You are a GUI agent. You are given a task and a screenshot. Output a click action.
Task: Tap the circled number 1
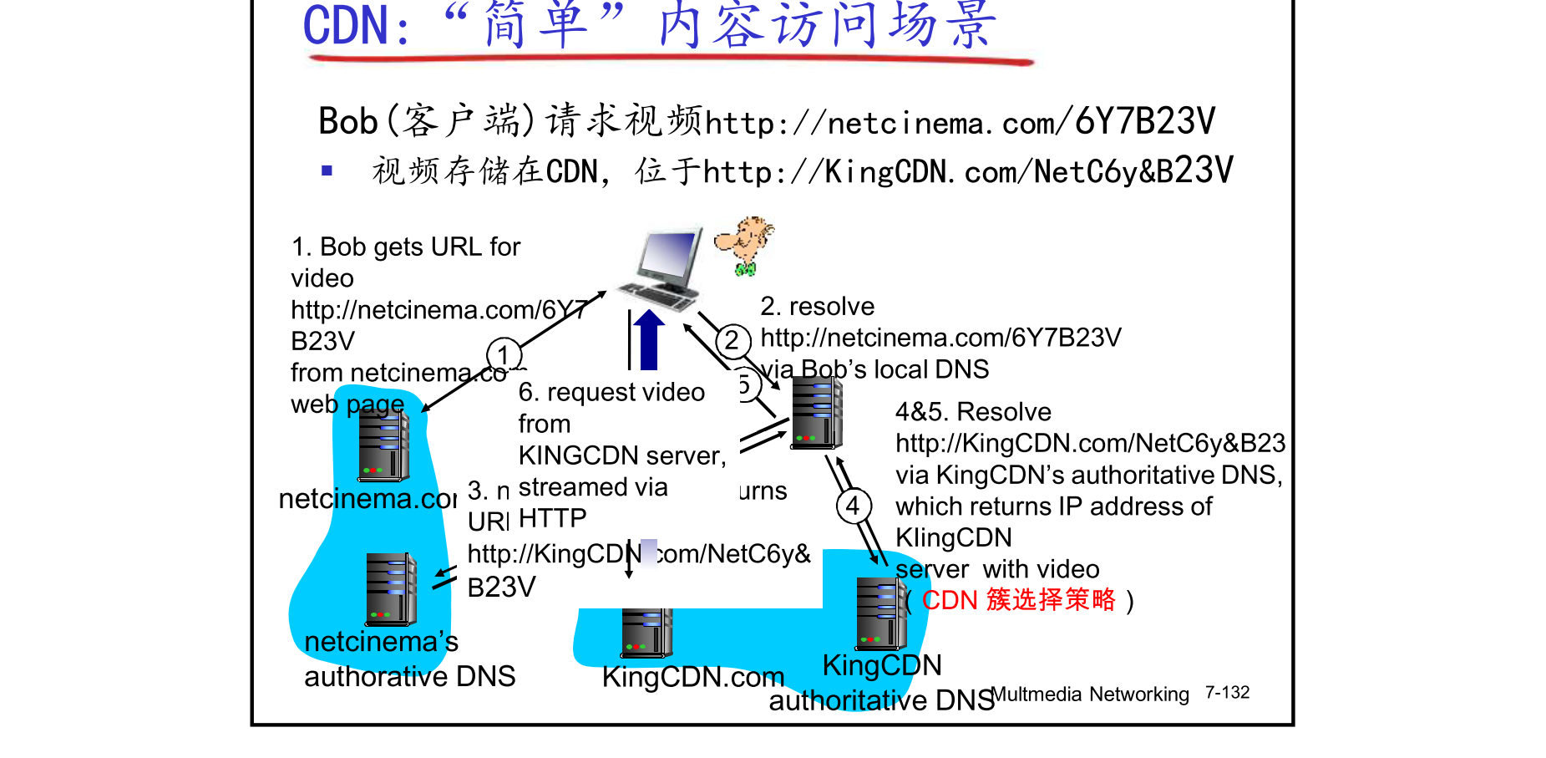504,355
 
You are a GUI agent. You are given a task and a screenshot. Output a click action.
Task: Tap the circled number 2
732,341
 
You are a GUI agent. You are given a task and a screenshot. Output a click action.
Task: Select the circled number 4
853,506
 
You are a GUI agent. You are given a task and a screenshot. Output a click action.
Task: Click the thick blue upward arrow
648,339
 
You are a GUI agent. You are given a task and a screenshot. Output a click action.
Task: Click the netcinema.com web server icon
383,446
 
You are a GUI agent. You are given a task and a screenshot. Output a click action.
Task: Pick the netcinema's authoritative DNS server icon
391,589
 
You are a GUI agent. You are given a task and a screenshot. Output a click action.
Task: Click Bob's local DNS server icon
816,413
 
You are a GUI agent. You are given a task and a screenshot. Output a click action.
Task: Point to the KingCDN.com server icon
646,633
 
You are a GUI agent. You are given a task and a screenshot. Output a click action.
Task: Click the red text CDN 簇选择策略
1018,600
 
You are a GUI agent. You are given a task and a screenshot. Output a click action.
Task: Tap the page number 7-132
1227,693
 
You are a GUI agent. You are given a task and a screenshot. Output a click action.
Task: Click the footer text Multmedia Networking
1090,694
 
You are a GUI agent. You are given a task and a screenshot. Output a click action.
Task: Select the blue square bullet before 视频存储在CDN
327,171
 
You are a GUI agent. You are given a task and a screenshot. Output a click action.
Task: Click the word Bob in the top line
348,122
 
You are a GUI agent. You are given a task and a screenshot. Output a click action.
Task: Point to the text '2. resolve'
817,307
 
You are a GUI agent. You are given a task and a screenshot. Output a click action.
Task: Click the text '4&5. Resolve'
973,412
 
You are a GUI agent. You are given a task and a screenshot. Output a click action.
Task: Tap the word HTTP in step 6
552,519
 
